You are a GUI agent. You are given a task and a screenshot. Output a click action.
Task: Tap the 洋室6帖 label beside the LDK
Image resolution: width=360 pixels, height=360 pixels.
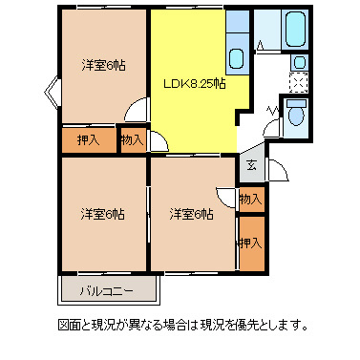coord(104,65)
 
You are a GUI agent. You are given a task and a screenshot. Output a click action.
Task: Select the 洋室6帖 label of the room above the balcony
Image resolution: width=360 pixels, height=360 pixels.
coord(104,212)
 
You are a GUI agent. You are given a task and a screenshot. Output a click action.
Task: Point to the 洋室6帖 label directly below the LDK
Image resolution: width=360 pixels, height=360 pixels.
coord(191,212)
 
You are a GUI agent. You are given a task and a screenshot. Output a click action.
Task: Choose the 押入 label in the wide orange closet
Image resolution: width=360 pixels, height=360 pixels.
coord(89,140)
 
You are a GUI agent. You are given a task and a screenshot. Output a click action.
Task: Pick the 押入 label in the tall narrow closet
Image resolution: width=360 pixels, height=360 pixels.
coord(250,244)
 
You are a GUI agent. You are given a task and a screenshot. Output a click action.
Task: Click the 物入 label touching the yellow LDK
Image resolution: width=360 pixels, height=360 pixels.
coord(133,140)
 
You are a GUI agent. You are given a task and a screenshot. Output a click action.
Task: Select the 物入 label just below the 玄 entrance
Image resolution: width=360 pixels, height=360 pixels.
coord(250,200)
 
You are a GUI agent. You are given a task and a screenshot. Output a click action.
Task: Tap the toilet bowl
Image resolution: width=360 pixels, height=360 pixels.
coord(295,117)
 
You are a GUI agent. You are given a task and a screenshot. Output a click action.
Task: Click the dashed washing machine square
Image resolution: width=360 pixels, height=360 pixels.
coord(299,82)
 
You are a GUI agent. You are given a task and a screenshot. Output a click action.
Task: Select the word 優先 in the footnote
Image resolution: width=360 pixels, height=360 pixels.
coord(267,325)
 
